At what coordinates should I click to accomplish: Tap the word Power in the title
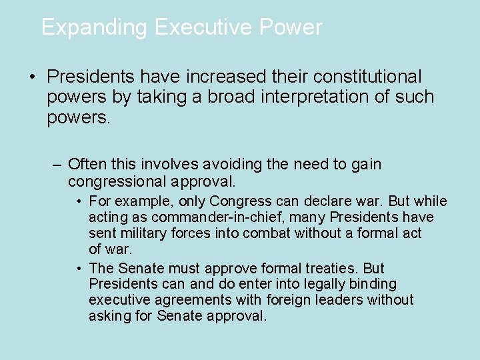coord(291,27)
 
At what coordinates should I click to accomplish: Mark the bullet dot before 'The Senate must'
coord(79,269)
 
